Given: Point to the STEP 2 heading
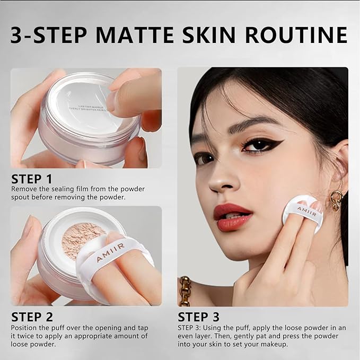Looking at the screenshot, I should (x=32, y=318).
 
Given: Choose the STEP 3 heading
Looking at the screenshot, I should (x=198, y=318).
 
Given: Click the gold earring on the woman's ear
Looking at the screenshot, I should (x=337, y=200).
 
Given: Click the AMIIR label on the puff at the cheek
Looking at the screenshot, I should (x=308, y=209).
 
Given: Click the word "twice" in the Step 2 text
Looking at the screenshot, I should (x=29, y=336).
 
